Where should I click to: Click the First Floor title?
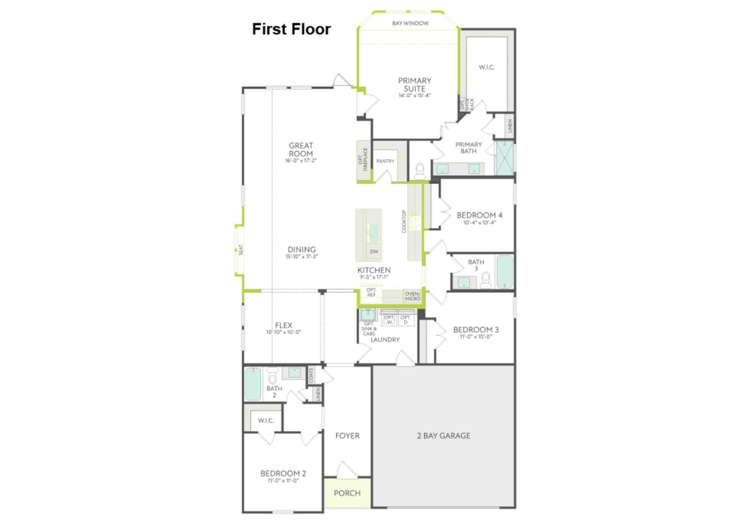coord(291,29)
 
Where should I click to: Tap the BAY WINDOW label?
coord(410,23)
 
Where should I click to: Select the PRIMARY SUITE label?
coord(414,85)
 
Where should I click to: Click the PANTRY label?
coord(385,161)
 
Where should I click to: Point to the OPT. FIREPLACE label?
coord(363,159)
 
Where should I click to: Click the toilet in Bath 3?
coord(486,280)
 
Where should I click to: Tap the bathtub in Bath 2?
coord(252,384)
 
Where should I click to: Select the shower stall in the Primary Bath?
coord(504,158)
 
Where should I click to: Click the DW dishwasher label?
coord(374,252)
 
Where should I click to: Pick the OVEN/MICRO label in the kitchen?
coord(412,296)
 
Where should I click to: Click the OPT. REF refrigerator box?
coord(371,292)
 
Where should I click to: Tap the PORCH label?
coord(347,493)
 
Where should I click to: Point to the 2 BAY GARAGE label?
coord(444,436)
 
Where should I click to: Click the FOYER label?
coord(347,436)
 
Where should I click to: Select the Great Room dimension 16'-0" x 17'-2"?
coord(301,160)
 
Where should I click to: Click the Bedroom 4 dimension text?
coord(479,223)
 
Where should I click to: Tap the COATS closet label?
coord(311,375)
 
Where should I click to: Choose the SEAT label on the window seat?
coord(241,250)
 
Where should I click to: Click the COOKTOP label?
coord(404,221)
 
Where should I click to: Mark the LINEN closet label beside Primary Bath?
coord(510,126)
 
